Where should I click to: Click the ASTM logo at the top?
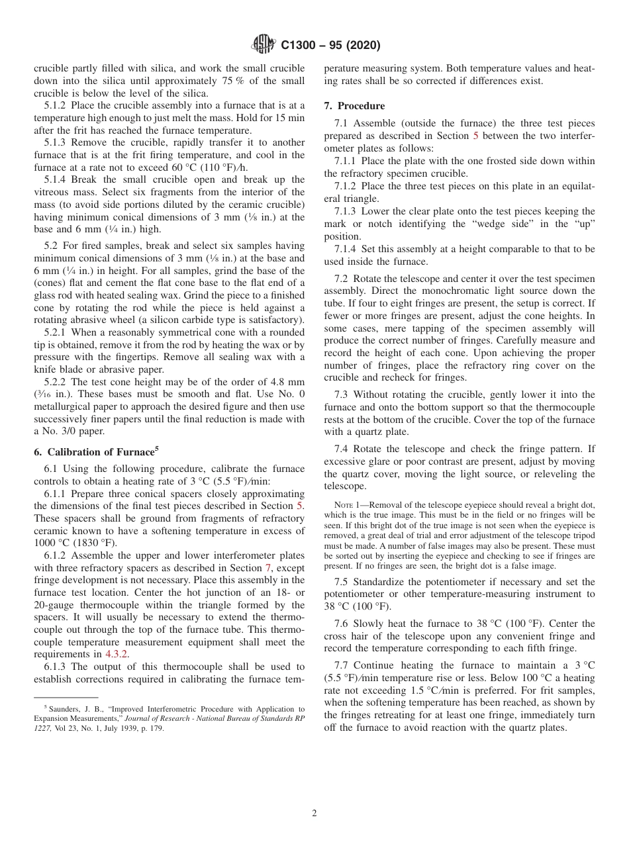[264, 45]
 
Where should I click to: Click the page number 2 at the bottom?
[314, 814]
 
